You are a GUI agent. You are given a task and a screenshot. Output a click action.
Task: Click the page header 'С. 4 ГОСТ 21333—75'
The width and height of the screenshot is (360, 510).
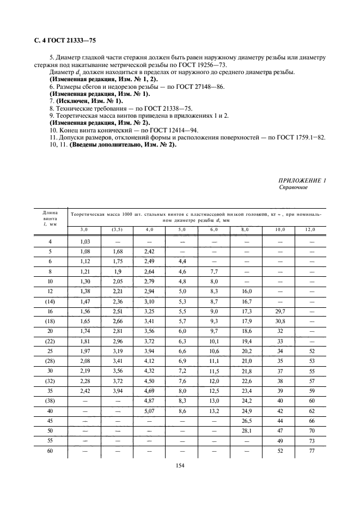click(61, 39)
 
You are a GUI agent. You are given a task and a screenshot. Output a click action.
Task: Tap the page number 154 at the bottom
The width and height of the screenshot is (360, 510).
click(180, 465)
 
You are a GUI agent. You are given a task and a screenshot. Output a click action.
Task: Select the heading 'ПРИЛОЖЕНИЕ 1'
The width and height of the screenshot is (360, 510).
click(302, 180)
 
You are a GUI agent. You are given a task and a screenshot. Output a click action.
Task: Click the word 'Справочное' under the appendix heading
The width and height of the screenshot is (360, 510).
click(294, 187)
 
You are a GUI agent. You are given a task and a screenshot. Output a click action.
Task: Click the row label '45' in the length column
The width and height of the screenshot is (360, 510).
click(50, 421)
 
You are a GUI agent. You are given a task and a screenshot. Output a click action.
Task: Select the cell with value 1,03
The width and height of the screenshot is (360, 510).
click(85, 241)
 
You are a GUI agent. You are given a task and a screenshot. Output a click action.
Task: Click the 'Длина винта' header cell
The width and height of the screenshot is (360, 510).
click(50, 218)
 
